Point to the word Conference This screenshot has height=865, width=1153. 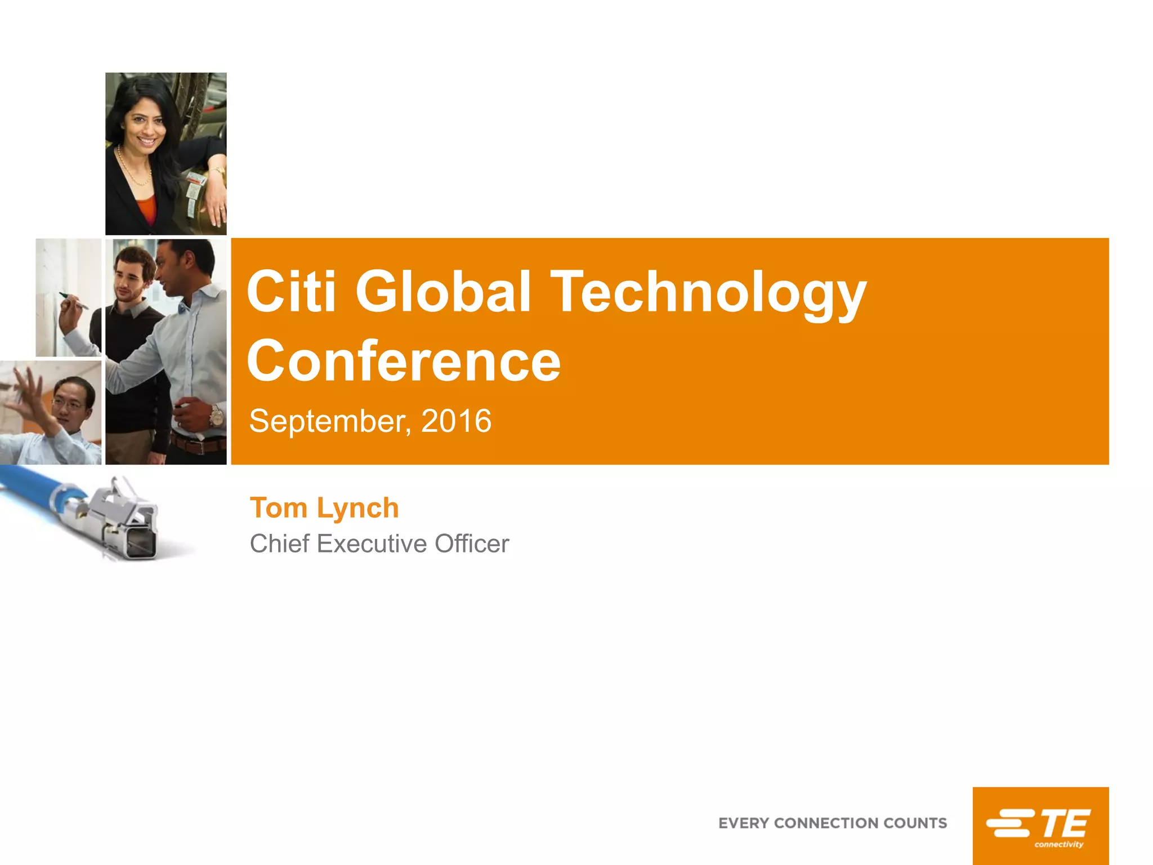point(404,362)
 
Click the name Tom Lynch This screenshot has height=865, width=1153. point(324,508)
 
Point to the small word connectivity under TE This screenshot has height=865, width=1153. point(1058,844)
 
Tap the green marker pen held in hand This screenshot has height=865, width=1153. point(74,300)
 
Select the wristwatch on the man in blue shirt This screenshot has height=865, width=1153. point(216,417)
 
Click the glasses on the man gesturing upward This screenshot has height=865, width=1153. point(69,403)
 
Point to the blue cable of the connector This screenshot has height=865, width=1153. point(34,485)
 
